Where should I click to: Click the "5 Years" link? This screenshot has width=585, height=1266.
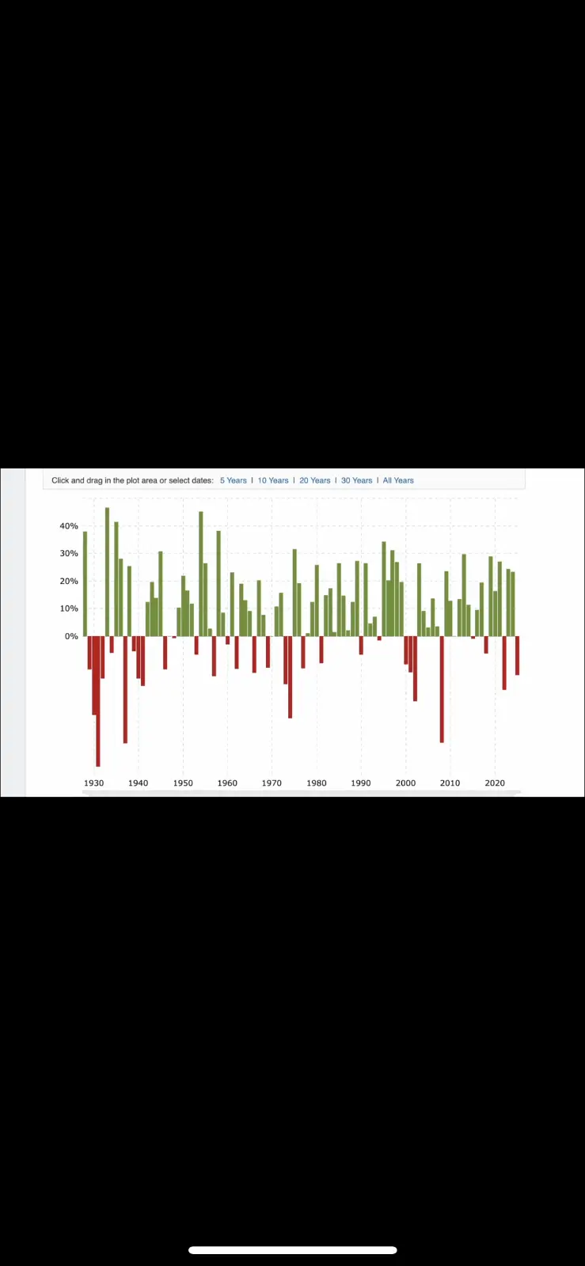pos(233,480)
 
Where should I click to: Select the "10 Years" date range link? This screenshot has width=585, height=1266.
pos(273,480)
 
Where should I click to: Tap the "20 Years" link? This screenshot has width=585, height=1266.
pos(315,480)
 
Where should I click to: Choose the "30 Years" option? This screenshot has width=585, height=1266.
pos(356,480)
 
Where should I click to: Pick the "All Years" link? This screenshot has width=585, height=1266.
pos(398,480)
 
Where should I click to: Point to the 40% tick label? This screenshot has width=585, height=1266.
pos(69,526)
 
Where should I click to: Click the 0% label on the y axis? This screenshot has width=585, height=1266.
pos(71,636)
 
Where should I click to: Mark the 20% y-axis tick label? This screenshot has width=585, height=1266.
pos(69,581)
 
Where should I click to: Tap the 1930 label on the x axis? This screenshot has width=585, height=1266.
pos(93,783)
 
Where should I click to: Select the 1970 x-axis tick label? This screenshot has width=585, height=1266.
pos(272,783)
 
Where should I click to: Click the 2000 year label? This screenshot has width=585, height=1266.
pos(405,783)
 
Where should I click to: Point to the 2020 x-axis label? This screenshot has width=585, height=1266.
pos(495,783)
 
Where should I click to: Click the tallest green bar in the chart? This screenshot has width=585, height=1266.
pos(108,570)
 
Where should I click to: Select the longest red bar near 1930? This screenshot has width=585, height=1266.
pos(98,700)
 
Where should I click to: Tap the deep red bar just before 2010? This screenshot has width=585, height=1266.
pos(442,688)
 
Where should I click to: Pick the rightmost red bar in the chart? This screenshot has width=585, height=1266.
pos(517,655)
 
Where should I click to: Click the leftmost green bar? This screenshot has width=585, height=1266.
pos(85,583)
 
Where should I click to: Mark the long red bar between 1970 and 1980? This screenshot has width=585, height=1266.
pos(291,677)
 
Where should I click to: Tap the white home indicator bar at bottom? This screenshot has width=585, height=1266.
pos(292,1250)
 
